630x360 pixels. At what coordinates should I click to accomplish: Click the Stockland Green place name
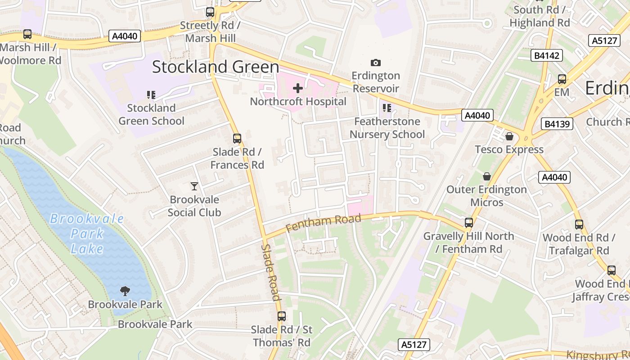(216, 67)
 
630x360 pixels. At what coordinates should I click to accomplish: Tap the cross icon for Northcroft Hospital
(298, 88)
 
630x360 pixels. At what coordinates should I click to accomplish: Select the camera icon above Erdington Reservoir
(375, 63)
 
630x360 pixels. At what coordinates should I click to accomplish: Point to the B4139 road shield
(558, 124)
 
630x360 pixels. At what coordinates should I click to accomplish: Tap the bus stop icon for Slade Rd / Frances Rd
(237, 139)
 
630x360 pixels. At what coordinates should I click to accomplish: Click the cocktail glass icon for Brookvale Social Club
(194, 186)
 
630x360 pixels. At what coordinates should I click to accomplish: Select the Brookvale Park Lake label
(86, 234)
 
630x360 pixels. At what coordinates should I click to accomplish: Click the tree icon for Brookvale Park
(125, 291)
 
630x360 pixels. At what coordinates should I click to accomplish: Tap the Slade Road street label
(271, 273)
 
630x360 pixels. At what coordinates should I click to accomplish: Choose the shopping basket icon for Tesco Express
(509, 136)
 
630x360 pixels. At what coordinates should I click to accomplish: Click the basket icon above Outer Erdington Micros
(486, 176)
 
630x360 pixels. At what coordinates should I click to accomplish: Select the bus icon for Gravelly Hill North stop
(469, 222)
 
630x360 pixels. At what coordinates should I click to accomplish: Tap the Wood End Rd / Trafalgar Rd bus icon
(579, 224)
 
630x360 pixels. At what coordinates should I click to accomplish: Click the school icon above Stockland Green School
(151, 94)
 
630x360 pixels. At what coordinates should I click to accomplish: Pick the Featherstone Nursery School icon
(387, 108)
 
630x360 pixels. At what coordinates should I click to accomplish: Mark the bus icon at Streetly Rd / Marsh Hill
(210, 12)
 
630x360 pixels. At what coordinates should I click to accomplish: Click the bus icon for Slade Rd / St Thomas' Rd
(282, 316)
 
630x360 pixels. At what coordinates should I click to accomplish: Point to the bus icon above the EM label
(562, 79)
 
